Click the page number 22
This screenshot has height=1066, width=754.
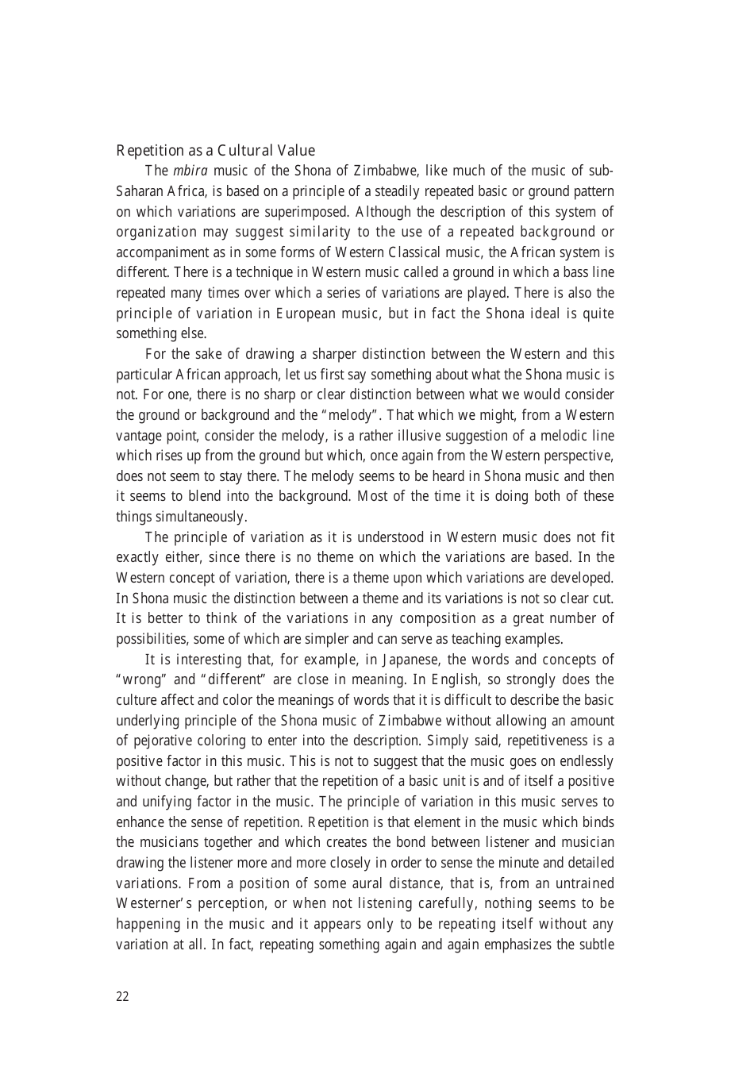coord(122,997)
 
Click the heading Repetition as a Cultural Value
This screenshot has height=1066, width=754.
coord(215,151)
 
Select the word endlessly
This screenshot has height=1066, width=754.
coord(583,761)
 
